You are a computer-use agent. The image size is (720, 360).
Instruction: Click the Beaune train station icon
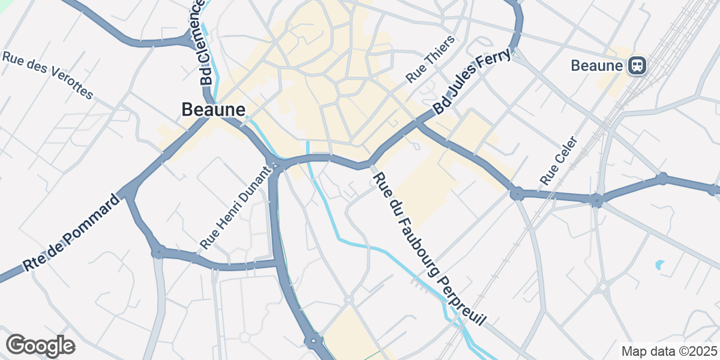pyautogui.click(x=637, y=65)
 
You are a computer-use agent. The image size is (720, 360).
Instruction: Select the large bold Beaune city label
pyautogui.click(x=213, y=110)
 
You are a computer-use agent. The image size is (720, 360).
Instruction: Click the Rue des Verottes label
pyautogui.click(x=48, y=76)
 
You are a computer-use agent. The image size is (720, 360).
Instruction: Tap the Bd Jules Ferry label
pyautogui.click(x=472, y=82)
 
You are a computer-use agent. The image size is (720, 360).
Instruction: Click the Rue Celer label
pyautogui.click(x=559, y=160)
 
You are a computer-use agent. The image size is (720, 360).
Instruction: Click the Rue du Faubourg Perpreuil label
pyautogui.click(x=428, y=249)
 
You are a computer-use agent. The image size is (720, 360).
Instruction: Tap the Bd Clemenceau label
pyautogui.click(x=199, y=42)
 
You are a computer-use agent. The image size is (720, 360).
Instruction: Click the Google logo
pyautogui.click(x=40, y=346)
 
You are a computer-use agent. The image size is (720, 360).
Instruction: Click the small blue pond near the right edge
pyautogui.click(x=659, y=264)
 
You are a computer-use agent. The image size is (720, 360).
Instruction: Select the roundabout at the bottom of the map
pyautogui.click(x=313, y=342)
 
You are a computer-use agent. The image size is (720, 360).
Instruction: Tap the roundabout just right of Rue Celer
pyautogui.click(x=596, y=200)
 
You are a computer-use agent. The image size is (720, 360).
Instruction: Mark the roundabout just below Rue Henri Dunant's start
pyautogui.click(x=158, y=252)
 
